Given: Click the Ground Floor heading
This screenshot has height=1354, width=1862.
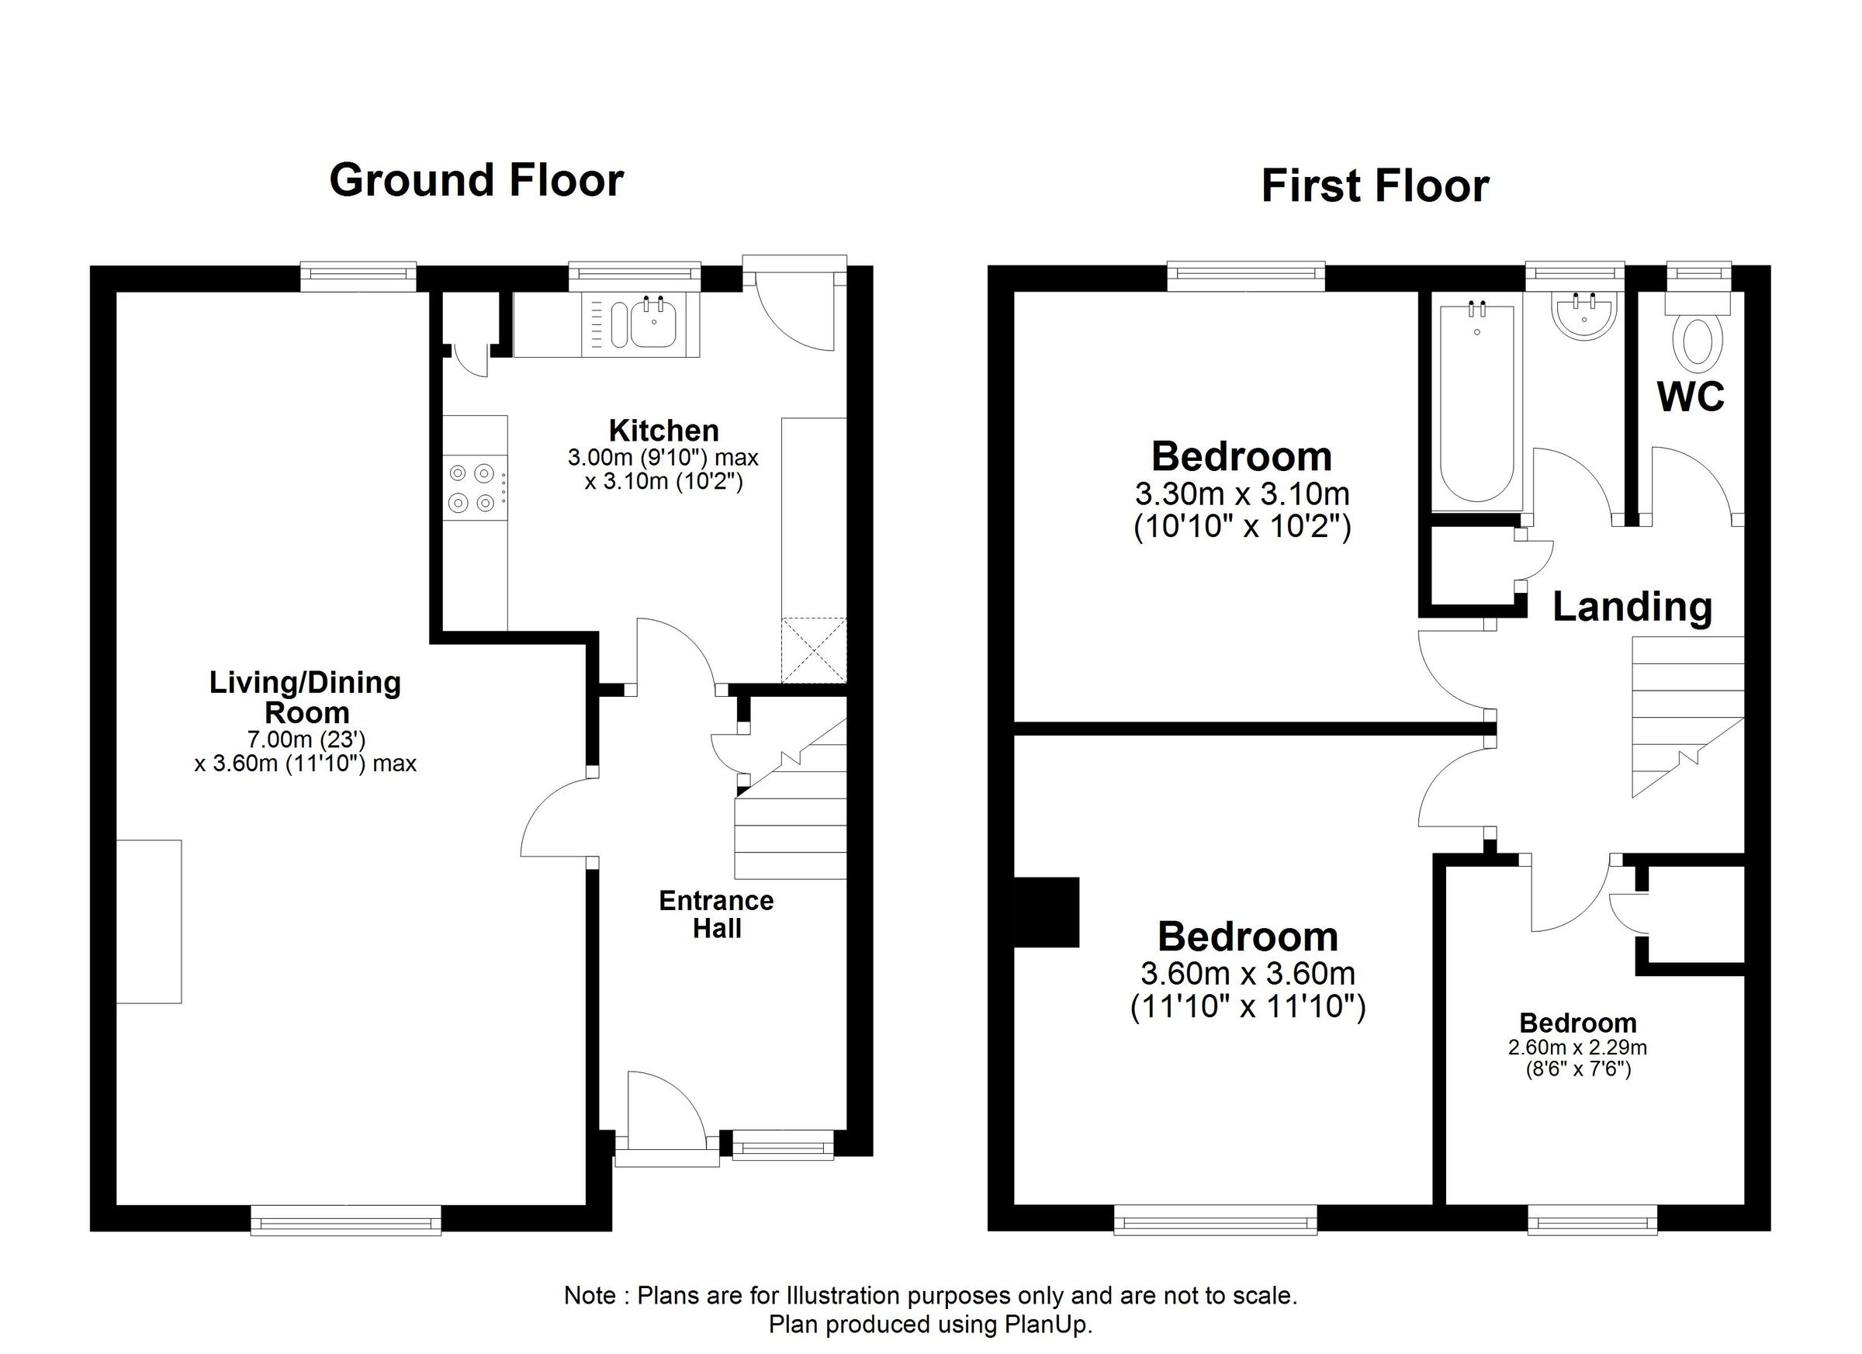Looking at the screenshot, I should tap(476, 180).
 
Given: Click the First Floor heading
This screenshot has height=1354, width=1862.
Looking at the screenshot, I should tap(1374, 185).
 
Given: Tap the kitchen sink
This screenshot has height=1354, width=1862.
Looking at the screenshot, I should tap(652, 325).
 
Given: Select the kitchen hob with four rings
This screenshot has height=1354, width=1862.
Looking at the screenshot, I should tap(472, 487).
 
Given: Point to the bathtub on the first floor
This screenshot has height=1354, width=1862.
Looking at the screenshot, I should tap(1477, 403).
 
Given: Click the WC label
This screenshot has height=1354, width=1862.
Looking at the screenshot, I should tap(1691, 397).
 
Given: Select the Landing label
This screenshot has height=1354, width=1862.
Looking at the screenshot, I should tap(1632, 607).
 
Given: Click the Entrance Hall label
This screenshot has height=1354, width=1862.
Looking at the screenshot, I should tap(716, 914).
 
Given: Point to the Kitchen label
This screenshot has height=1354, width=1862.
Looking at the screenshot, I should tap(663, 431).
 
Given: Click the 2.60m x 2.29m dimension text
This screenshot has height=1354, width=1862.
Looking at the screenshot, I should tap(1577, 1048).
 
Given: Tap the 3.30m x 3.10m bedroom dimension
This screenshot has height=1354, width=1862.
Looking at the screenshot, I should tap(1241, 493).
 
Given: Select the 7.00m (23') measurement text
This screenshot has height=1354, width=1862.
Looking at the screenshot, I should tap(306, 739).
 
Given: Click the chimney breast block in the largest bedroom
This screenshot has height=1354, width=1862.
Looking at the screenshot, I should tap(1047, 912).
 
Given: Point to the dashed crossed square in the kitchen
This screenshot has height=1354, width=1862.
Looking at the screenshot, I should tap(814, 650).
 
